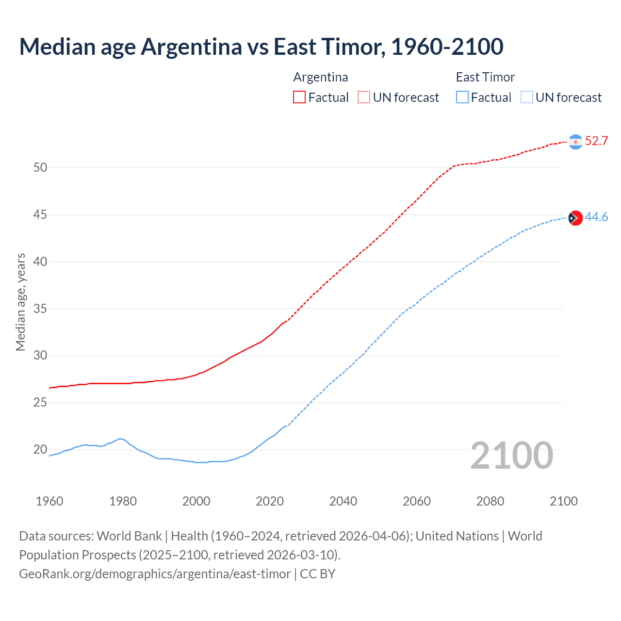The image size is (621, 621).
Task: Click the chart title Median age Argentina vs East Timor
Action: tap(261, 47)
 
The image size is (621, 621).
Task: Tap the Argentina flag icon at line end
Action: tap(575, 142)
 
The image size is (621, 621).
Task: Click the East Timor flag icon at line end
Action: tap(575, 218)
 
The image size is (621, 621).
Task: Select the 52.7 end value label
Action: tap(596, 141)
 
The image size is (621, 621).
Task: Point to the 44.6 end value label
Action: tap(596, 217)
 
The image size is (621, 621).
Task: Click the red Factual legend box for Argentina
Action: tap(299, 98)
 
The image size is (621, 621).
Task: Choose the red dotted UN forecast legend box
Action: tap(364, 98)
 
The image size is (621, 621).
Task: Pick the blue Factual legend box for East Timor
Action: tap(462, 98)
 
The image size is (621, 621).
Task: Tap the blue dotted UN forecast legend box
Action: tap(526, 98)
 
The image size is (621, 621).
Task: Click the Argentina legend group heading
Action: tap(321, 77)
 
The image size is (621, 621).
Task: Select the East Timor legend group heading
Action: tap(485, 77)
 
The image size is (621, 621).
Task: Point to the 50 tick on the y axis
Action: tap(40, 168)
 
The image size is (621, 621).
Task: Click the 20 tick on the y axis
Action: tap(40, 450)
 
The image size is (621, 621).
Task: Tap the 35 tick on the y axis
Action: tap(40, 309)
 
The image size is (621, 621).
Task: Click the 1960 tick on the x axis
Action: tap(49, 501)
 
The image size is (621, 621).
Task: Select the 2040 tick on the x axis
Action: tap(343, 501)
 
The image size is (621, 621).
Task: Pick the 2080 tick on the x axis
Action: tap(490, 501)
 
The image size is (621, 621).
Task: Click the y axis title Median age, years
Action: tap(20, 302)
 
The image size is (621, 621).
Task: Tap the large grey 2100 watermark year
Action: tap(511, 456)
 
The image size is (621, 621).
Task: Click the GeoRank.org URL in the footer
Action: tap(155, 574)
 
